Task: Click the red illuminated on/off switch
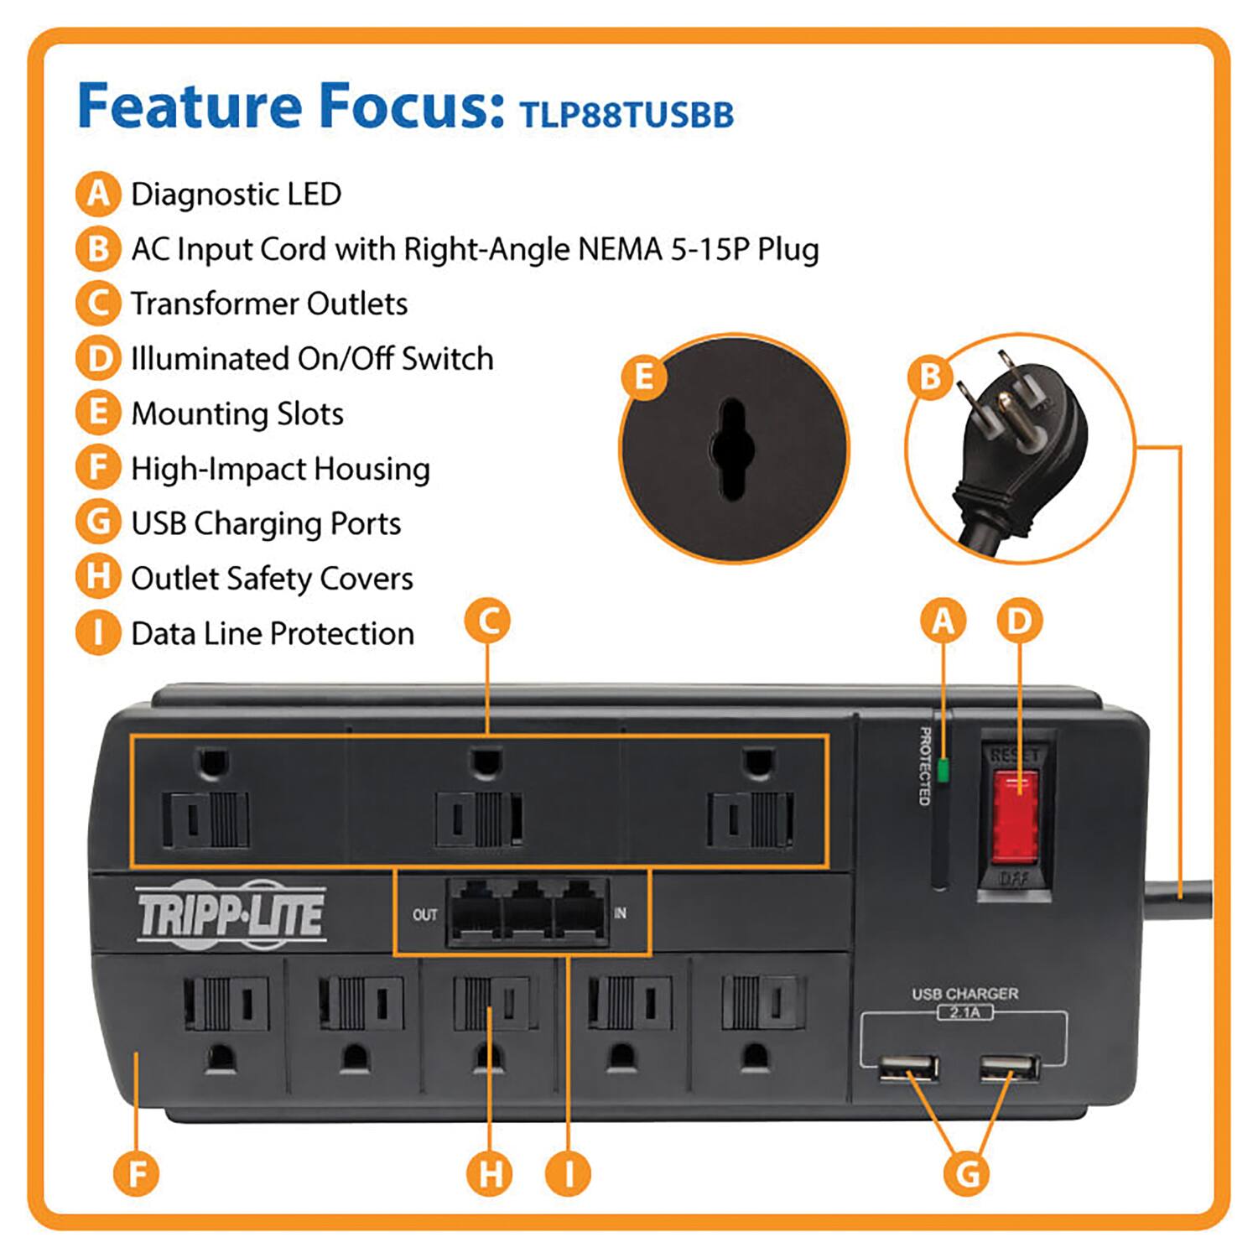coord(1015,818)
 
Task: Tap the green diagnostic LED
coord(943,770)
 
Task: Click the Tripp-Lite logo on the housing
coord(231,914)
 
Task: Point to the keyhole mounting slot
coord(733,449)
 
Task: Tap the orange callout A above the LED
coord(943,621)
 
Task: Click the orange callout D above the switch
coord(1019,621)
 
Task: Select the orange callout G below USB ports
coord(967,1172)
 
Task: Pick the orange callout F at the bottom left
coord(137,1172)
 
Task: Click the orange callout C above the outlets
coord(487,621)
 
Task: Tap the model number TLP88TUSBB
coord(626,115)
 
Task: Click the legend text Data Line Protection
coord(273,633)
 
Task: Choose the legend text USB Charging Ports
coord(266,523)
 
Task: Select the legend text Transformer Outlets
coord(269,304)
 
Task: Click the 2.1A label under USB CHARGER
coord(964,1012)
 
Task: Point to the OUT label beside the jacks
coord(424,914)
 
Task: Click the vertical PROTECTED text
coord(924,766)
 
